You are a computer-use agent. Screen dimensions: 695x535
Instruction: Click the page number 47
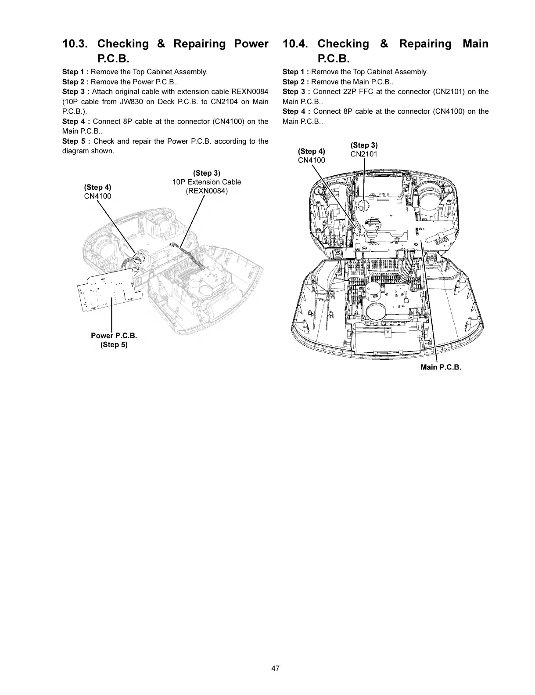click(275, 669)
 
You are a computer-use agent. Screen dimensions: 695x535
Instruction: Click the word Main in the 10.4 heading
click(475, 44)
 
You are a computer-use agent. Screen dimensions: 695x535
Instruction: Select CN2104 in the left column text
click(227, 101)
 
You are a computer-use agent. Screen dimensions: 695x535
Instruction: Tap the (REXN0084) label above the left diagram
click(207, 191)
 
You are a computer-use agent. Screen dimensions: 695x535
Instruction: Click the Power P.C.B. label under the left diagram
click(114, 336)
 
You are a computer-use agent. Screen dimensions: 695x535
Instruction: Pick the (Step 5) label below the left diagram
click(114, 344)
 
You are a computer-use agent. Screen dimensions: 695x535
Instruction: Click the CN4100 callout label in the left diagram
click(97, 196)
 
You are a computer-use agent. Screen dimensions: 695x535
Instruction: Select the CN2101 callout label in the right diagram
click(364, 154)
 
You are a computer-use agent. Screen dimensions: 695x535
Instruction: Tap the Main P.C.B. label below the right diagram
click(441, 367)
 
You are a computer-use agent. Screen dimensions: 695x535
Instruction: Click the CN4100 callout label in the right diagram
click(312, 160)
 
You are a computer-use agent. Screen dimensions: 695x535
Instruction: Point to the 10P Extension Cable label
click(206, 182)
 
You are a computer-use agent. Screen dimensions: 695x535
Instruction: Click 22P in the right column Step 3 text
click(346, 92)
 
